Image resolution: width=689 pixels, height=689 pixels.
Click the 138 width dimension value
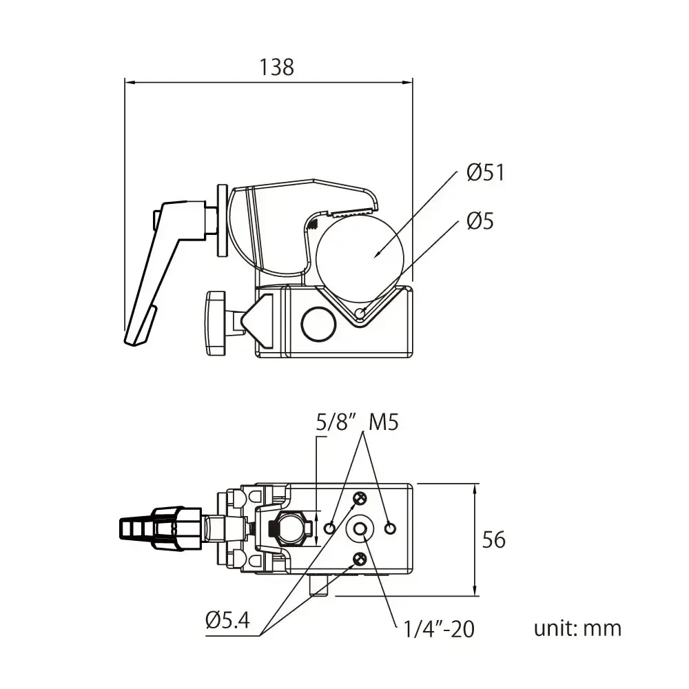(x=276, y=67)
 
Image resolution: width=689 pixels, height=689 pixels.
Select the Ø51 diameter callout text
(x=485, y=172)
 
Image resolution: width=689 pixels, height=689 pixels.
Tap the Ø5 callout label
(x=480, y=221)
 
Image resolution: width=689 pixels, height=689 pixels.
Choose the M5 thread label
(x=384, y=422)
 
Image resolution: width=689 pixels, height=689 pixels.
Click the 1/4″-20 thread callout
(x=440, y=628)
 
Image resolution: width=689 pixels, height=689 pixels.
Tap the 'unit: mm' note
(x=577, y=628)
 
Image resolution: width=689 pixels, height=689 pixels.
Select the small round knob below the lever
(x=215, y=322)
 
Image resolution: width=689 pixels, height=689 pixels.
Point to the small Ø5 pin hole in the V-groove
(x=360, y=314)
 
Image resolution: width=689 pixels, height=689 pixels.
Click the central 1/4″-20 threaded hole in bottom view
(x=360, y=528)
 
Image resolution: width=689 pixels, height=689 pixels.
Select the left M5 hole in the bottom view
(x=330, y=528)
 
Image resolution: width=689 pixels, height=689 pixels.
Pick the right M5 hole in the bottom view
(x=391, y=528)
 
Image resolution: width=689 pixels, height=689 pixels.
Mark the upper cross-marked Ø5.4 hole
(x=359, y=498)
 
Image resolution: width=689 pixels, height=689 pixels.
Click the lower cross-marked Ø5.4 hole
(x=359, y=558)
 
